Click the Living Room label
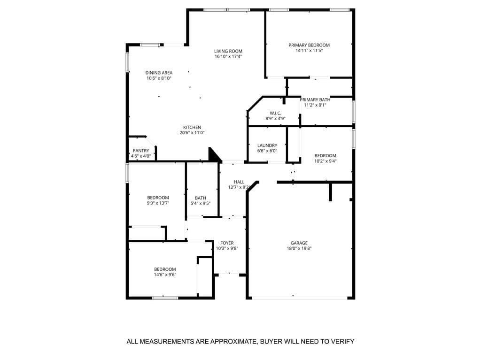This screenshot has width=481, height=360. tap(228, 51)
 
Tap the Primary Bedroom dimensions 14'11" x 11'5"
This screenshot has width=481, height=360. tap(309, 50)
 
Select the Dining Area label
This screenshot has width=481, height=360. tap(159, 73)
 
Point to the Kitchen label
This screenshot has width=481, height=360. tap(192, 127)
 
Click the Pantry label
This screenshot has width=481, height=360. tap(141, 151)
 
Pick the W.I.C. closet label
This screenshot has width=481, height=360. tap(275, 113)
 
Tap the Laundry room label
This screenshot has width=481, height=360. tap(267, 146)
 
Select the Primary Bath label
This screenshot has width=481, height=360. tap(315, 100)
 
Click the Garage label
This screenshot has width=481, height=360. tap(299, 243)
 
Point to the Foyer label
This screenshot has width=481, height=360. tap(227, 243)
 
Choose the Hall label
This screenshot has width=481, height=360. tap(239, 182)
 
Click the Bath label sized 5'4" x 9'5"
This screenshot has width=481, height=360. tap(201, 198)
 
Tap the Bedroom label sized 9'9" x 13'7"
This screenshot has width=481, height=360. tap(158, 198)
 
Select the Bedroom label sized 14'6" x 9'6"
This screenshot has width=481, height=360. tap(165, 269)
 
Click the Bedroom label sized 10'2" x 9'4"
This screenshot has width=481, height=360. tap(326, 156)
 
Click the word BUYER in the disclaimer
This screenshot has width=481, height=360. tap(273, 342)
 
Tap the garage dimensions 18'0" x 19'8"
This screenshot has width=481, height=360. tap(299, 248)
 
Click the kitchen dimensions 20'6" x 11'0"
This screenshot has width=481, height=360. tap(192, 133)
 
